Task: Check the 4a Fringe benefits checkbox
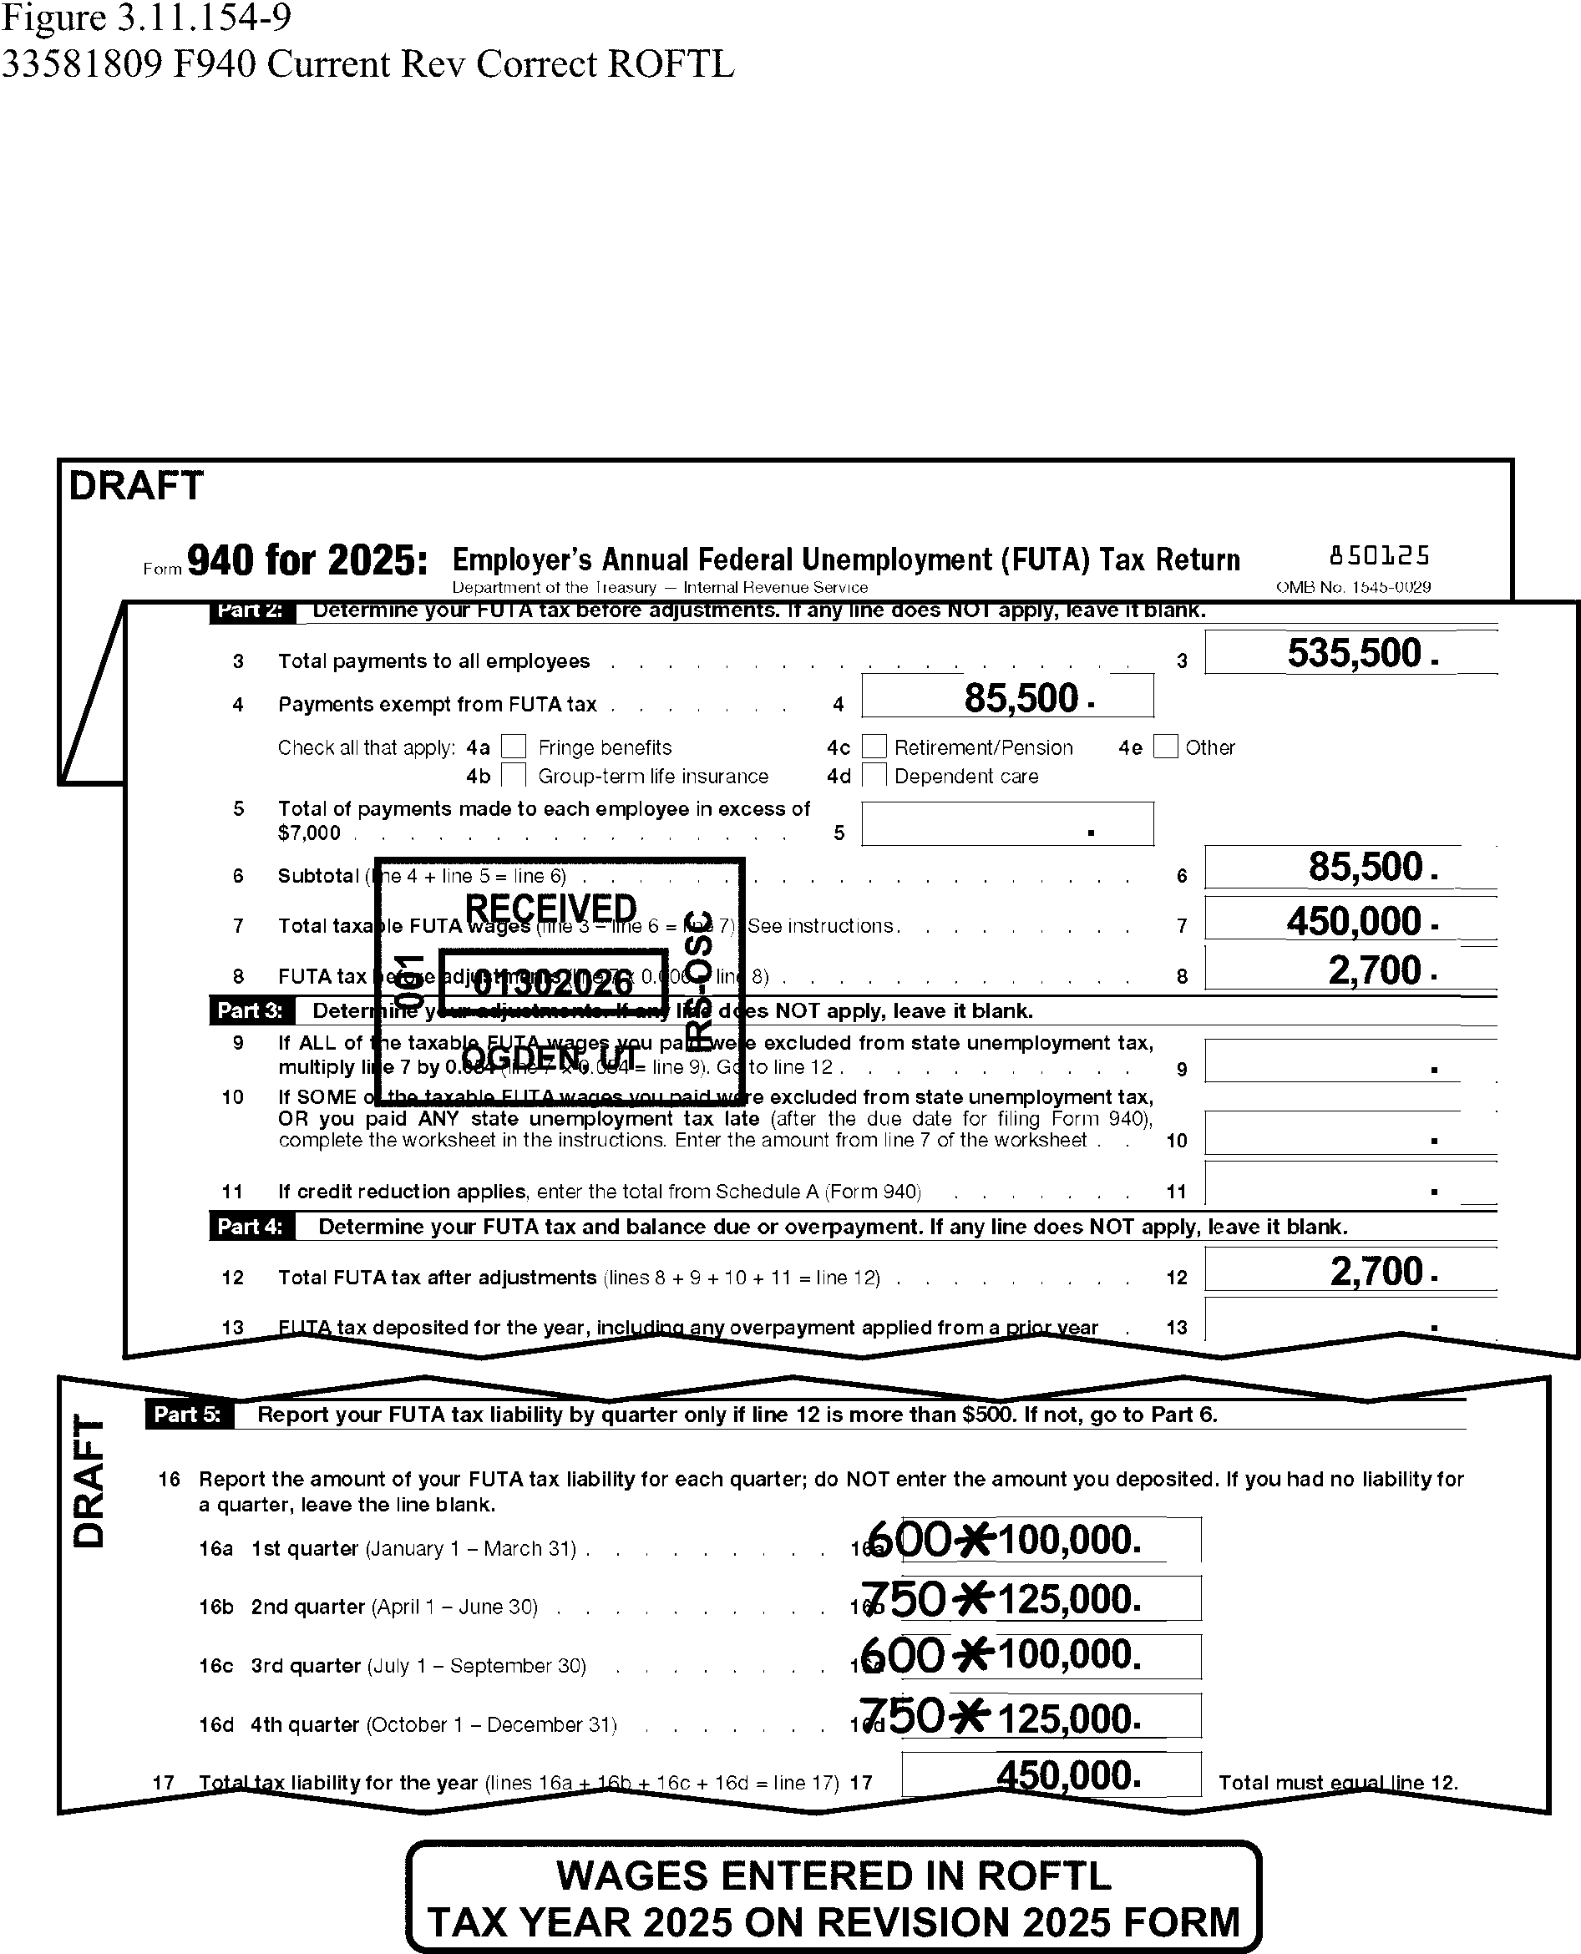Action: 514,747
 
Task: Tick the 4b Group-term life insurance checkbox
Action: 514,776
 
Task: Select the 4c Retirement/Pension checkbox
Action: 874,747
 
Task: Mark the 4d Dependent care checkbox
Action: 874,776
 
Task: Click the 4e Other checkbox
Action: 1165,747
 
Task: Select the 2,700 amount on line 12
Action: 1376,1271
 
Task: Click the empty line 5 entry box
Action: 1006,824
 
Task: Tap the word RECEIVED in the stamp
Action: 550,908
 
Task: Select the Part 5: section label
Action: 188,1414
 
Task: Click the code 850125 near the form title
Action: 1379,555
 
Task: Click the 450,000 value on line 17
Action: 1067,1774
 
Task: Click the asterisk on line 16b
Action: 974,1599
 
